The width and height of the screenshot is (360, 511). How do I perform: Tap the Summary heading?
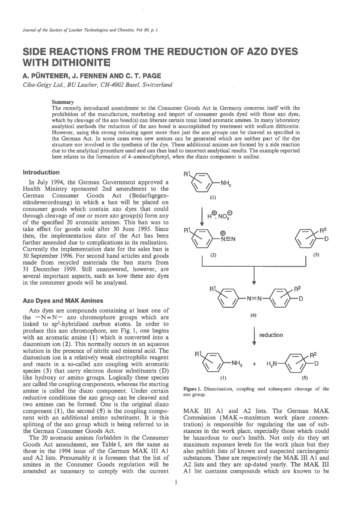[63, 102]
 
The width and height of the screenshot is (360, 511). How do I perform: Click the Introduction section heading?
[41, 172]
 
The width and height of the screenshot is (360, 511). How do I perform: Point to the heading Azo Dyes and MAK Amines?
[63, 301]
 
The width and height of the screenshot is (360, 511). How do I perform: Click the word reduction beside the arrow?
[271, 335]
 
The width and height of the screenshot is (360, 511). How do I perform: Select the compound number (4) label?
[253, 315]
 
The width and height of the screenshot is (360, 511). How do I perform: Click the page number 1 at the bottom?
[176, 482]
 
